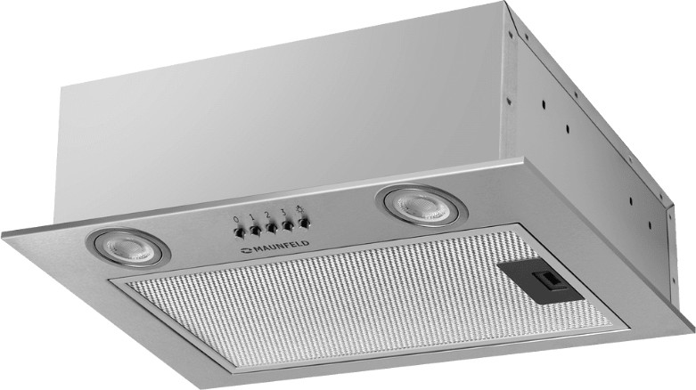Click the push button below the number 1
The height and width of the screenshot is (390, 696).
point(255,230)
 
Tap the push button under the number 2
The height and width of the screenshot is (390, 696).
point(271,228)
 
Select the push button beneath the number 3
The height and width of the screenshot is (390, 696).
point(288,225)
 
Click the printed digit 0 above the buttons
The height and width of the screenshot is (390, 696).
point(235,220)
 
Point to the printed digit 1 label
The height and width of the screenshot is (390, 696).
point(251,217)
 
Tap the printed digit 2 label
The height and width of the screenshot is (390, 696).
point(267,215)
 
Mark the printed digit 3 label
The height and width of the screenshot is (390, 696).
point(283,212)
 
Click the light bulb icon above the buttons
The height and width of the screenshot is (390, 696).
point(299,209)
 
